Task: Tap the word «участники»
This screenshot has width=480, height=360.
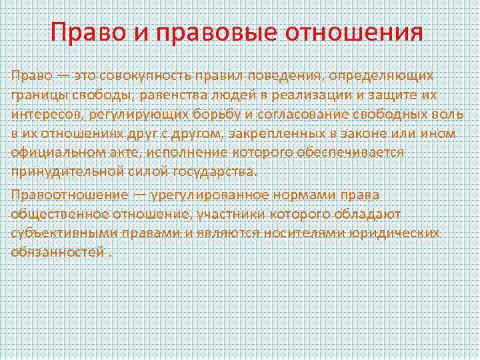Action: tap(253, 214)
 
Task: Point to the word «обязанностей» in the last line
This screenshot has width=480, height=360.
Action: tap(57, 253)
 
